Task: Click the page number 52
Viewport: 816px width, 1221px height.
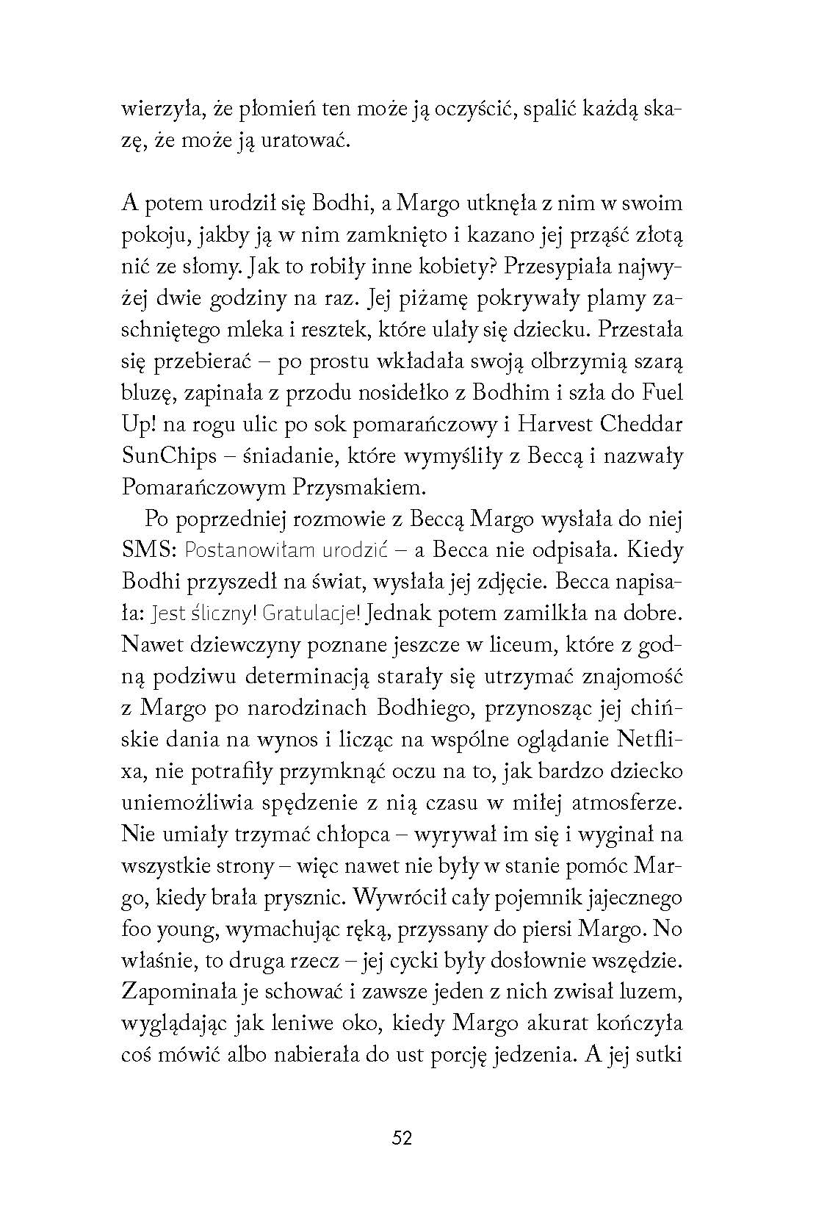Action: click(402, 1138)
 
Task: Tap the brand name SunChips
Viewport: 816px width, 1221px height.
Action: click(168, 456)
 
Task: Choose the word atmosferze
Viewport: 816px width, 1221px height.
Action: click(627, 803)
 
